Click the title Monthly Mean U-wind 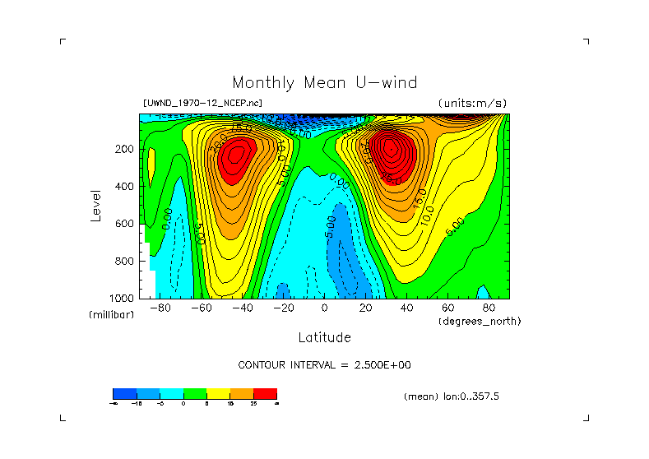324,83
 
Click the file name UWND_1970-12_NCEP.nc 203,103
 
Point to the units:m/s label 472,103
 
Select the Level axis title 96,205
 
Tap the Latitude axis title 324,337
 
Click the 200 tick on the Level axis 124,150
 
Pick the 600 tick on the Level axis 124,224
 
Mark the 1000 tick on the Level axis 122,298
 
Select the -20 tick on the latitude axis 283,308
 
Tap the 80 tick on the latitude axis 489,308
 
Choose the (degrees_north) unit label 480,320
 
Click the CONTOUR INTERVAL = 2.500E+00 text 324,364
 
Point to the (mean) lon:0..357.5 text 452,396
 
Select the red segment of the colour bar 265,393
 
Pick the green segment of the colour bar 194,393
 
